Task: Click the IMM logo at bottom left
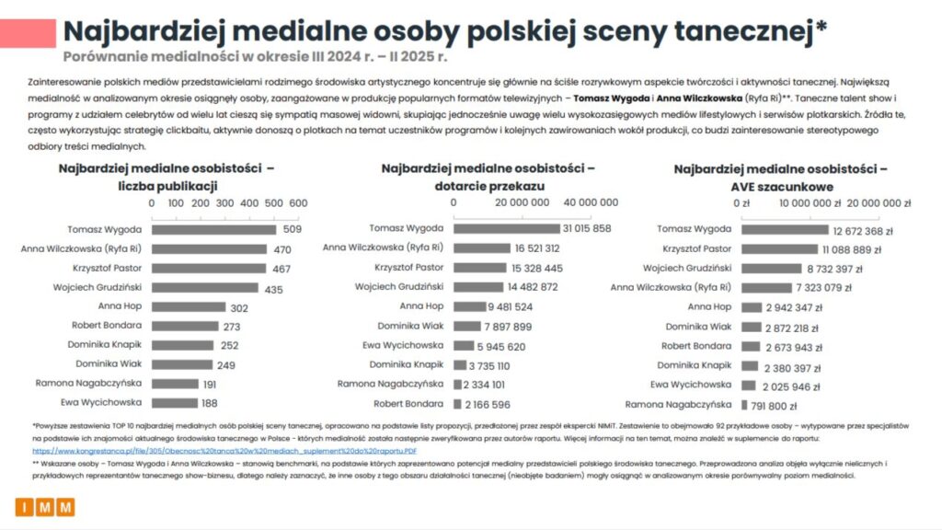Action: point(45,507)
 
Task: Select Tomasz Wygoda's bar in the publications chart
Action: point(213,229)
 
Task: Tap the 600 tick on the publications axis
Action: point(298,202)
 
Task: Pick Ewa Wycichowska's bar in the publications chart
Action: point(174,403)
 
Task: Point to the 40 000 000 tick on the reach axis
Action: point(590,202)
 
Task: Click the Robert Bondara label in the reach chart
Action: point(408,404)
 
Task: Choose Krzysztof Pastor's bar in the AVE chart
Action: point(779,248)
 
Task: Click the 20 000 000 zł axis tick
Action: point(879,203)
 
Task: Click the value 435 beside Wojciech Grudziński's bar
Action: point(273,288)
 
